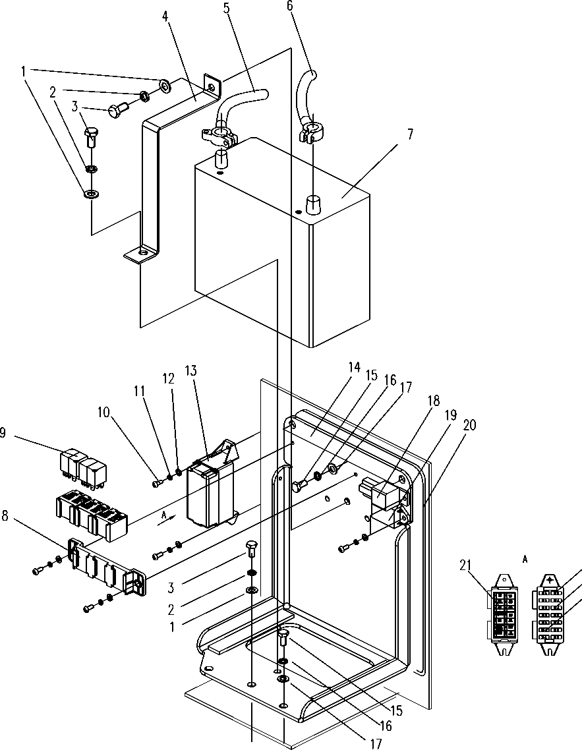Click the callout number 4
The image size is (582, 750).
click(165, 16)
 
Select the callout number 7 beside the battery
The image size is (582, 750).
click(410, 134)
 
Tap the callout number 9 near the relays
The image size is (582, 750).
click(3, 434)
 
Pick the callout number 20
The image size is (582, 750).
click(469, 424)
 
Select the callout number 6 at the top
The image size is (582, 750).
click(290, 6)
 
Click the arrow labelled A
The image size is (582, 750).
click(164, 517)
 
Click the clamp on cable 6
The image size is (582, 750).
click(310, 132)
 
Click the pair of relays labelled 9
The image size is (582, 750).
click(83, 463)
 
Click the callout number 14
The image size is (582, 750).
click(354, 367)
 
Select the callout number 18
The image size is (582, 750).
click(433, 400)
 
